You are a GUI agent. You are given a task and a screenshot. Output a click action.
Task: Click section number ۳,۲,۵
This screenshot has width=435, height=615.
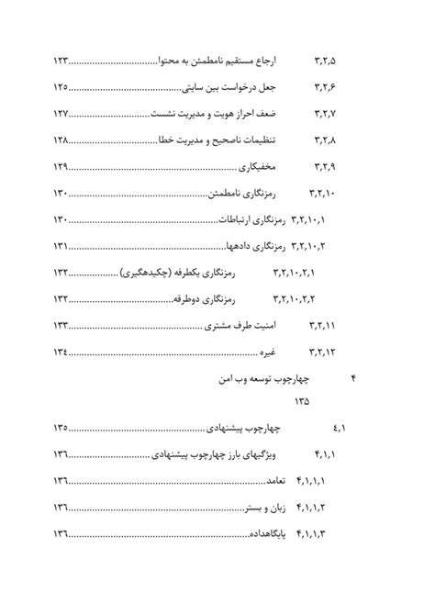pos(326,61)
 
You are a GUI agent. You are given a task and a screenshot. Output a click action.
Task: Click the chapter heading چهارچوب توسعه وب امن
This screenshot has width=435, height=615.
pos(277,379)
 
